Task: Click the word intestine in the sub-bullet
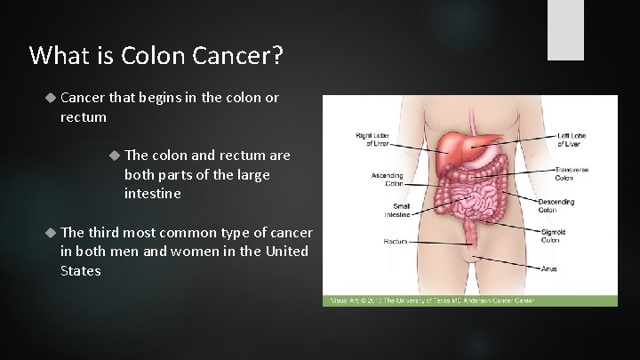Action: click(x=152, y=193)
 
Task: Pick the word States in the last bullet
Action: click(x=80, y=271)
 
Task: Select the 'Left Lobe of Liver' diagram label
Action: click(x=572, y=140)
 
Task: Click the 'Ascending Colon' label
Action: click(x=387, y=179)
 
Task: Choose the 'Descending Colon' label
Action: click(x=557, y=206)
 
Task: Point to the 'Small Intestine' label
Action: click(x=397, y=210)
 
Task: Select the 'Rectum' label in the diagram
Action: click(x=396, y=241)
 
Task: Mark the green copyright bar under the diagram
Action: click(x=469, y=300)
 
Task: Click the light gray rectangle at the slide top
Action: click(x=565, y=29)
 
